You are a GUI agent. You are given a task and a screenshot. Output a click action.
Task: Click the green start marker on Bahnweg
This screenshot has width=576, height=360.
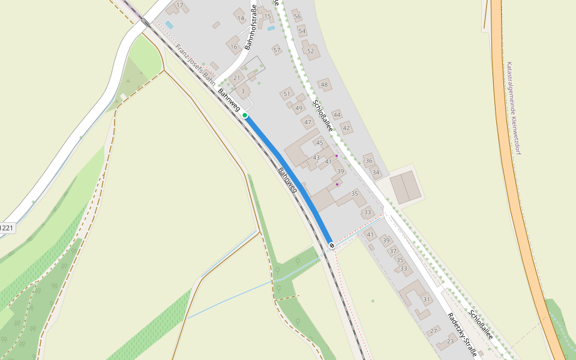pos(245,115)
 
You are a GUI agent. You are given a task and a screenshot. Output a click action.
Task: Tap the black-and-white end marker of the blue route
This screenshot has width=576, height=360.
pos(331,245)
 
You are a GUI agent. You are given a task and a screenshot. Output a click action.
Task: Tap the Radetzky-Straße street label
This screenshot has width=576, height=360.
pos(463,335)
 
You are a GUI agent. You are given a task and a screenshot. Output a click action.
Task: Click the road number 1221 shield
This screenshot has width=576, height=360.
pos(7,228)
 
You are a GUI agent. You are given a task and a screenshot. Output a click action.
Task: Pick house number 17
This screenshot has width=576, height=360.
pos(179,5)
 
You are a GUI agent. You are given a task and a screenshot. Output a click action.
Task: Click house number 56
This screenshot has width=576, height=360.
pos(297,16)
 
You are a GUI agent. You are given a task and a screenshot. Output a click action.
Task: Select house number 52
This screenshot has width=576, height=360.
pos(310,51)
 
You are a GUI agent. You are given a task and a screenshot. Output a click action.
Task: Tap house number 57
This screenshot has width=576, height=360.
pos(277,50)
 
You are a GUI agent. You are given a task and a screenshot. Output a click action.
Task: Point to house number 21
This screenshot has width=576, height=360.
pos(236,78)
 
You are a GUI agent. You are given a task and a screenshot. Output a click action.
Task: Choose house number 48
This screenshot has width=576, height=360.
pos(324,85)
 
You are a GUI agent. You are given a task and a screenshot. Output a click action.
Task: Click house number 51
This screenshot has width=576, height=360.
pos(287,94)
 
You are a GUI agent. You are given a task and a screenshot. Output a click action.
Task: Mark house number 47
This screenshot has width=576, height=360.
pos(308,122)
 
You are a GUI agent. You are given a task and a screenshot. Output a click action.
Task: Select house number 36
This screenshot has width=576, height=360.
pos(368,160)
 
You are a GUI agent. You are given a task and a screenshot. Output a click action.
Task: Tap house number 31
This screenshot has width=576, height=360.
pos(427,299)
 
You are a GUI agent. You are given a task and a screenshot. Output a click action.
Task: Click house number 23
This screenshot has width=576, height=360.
pos(451,341)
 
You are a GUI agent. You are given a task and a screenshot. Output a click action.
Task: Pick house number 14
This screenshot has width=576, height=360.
pos(241,19)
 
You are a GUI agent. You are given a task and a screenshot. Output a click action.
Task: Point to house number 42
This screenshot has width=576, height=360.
pos(346,128)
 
